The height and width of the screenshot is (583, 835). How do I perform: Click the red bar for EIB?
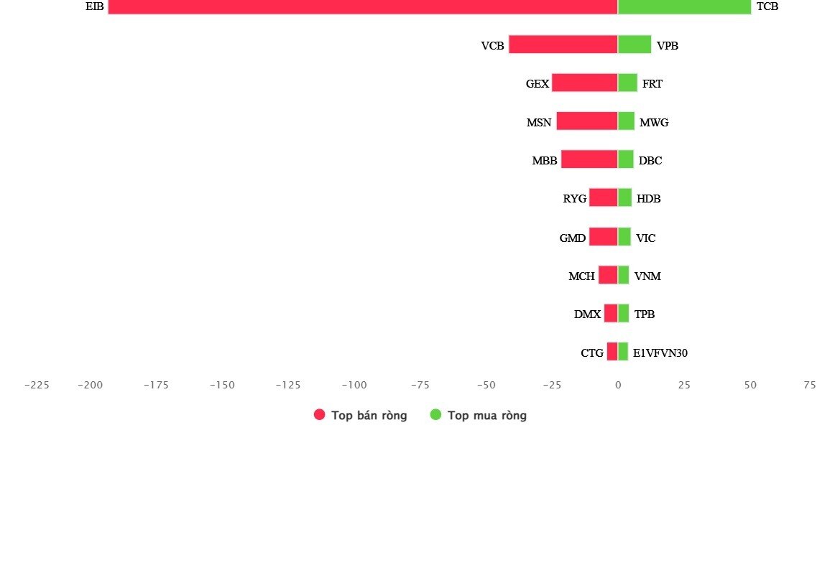pos(363,6)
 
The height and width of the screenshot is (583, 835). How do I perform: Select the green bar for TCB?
pos(684,6)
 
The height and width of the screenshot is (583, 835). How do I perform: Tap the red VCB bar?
pos(563,45)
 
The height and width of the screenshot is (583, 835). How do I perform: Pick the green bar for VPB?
pos(635,45)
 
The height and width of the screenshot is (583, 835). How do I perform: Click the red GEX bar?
pos(585,83)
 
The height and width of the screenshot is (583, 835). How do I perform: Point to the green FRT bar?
pos(627,83)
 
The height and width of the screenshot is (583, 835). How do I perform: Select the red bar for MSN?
pos(587,121)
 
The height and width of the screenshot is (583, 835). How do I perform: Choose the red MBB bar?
pos(589,159)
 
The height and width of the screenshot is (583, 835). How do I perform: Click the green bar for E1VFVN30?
pos(623,352)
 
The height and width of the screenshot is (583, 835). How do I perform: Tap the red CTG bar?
pos(612,352)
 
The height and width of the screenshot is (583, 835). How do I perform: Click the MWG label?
pos(654,122)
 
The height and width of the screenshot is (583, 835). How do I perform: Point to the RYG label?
pos(575,198)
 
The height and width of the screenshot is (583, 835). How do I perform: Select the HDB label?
pos(649,198)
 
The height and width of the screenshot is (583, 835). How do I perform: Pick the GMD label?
pos(573,238)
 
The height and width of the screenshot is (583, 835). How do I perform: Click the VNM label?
pos(647,276)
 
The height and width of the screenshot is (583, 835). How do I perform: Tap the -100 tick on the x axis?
pos(354,385)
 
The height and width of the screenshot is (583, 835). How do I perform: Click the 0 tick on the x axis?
pos(618,385)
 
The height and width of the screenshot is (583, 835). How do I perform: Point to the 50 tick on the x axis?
pos(750,385)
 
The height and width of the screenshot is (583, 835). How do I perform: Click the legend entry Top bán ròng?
pos(361,415)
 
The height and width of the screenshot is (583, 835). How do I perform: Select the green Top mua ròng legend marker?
pos(435,414)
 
